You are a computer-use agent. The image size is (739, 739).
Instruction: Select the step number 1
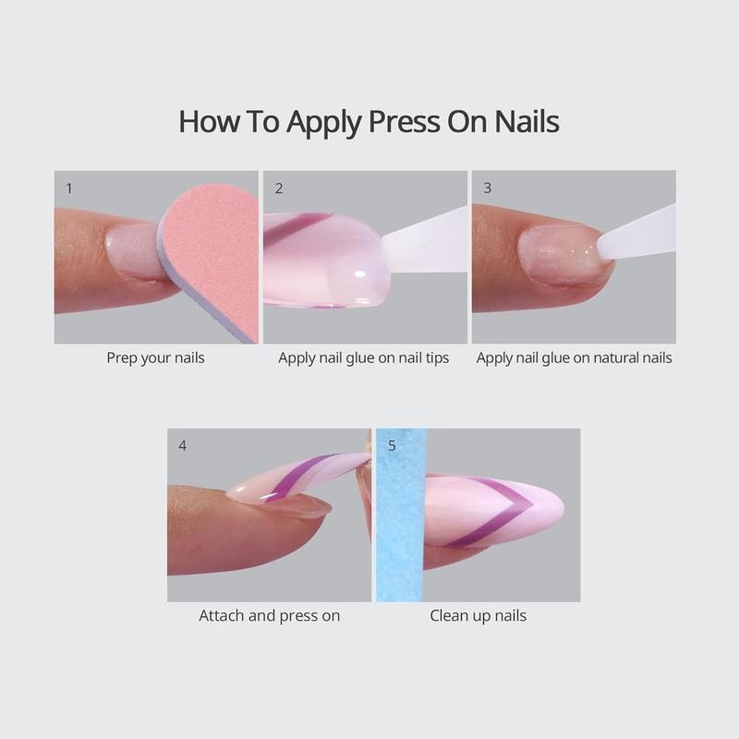[x=69, y=188]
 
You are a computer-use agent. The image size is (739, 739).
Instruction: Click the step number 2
[x=279, y=188]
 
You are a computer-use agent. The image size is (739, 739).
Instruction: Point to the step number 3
[x=487, y=188]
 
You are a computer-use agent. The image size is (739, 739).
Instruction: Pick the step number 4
[x=182, y=445]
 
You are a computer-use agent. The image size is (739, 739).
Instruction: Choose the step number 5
[x=392, y=445]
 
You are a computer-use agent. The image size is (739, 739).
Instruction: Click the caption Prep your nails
[x=155, y=357]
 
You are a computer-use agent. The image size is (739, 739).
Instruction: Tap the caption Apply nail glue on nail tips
[x=364, y=357]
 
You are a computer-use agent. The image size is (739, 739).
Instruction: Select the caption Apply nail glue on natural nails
[x=574, y=357]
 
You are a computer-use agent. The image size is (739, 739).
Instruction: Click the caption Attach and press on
[x=269, y=614]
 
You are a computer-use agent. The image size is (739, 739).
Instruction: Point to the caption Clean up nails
[x=478, y=614]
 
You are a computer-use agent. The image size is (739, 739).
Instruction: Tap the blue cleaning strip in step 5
[x=400, y=517]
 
